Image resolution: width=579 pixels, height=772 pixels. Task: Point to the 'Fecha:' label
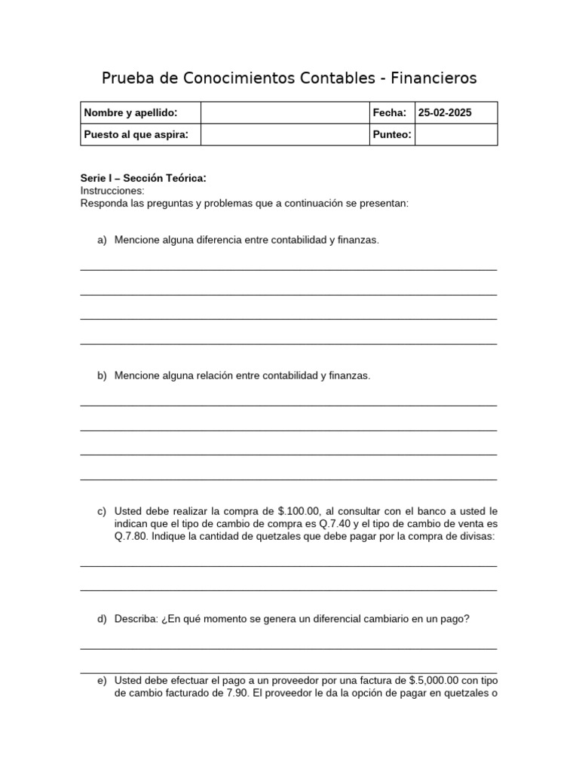[390, 113]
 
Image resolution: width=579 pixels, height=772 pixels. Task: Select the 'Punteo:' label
[392, 134]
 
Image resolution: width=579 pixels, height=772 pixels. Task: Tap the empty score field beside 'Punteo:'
[456, 134]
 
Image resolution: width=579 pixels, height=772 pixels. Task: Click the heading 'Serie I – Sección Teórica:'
[143, 179]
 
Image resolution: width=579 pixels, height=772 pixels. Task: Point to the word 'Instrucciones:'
[112, 191]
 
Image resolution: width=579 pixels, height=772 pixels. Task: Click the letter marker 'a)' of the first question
[103, 240]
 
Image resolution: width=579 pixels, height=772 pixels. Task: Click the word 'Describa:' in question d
[136, 619]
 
